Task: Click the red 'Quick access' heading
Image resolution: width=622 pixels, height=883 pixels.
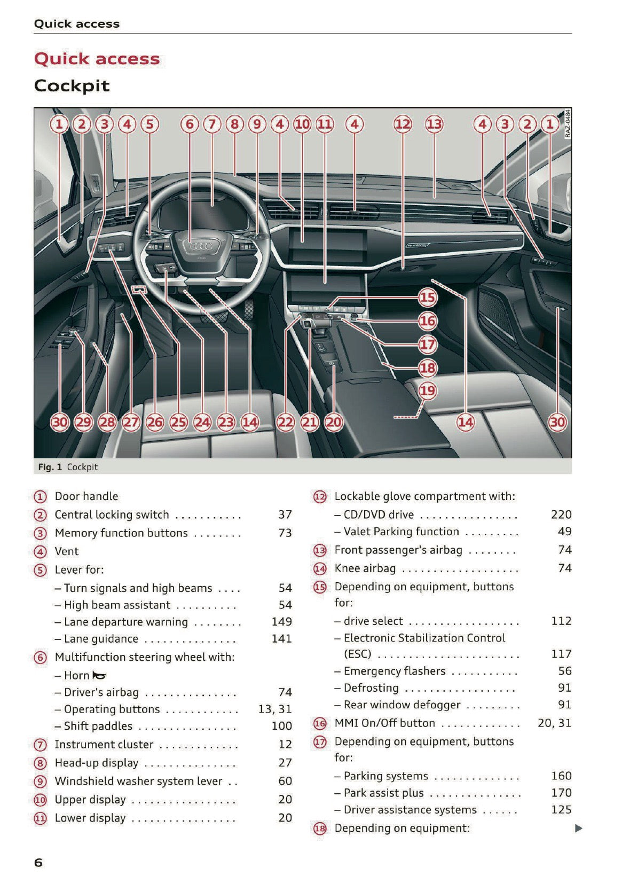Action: point(97,59)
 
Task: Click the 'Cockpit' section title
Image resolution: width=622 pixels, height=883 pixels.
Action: point(72,85)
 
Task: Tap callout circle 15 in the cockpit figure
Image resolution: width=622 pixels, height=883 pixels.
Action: point(427,298)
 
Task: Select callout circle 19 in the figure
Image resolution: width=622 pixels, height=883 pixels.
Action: point(427,391)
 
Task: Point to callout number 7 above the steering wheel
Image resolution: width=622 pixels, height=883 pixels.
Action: point(212,124)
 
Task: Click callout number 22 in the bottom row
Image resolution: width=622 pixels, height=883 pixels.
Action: point(286,422)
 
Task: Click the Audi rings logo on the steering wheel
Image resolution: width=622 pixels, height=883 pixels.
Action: point(202,246)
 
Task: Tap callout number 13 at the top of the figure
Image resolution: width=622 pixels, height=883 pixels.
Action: point(434,124)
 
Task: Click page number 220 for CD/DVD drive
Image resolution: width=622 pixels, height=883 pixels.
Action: point(561,514)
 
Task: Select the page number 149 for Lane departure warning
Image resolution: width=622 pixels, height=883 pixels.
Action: point(281,622)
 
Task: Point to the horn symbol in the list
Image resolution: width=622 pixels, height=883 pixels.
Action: point(99,676)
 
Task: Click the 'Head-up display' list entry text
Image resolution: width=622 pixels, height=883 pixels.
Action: point(97,763)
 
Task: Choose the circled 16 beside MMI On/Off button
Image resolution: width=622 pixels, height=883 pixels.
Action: point(319,724)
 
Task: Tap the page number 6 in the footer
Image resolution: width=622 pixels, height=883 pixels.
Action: point(38,863)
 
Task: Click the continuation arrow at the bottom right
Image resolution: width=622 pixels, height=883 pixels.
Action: point(578,829)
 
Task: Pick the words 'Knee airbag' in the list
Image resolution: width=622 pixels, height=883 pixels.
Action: point(365,568)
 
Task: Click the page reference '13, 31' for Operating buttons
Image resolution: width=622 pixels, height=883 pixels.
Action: point(274,709)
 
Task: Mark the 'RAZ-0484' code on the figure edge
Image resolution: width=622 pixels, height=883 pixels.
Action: point(568,124)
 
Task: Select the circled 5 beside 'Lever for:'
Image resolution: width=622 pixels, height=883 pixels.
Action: point(41,570)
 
